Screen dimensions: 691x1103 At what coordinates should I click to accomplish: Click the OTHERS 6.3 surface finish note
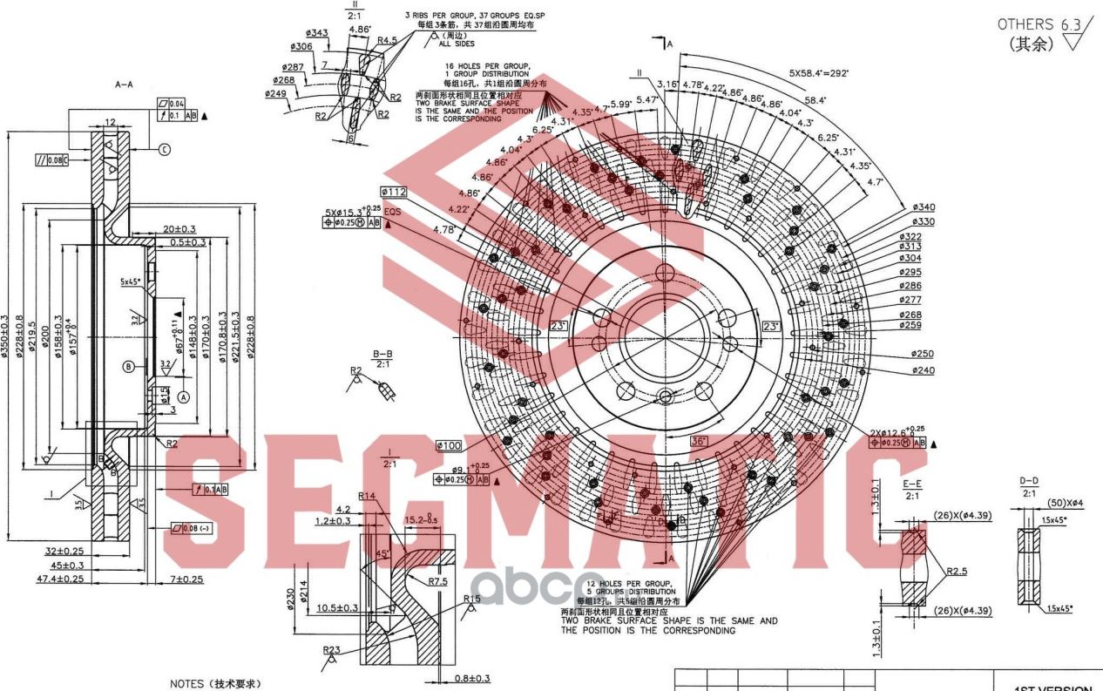1038,24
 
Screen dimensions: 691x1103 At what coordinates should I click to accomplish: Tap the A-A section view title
124,85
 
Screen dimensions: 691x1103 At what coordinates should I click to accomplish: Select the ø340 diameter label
924,207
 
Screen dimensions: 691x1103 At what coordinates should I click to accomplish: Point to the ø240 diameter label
924,370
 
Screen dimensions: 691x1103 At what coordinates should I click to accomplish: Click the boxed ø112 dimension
394,192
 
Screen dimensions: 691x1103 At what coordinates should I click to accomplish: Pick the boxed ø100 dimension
449,446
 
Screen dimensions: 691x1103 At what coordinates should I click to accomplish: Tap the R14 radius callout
366,496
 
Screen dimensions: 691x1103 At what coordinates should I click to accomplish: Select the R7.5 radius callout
439,581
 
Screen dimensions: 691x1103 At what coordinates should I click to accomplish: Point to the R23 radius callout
331,650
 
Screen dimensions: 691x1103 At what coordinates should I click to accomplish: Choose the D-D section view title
1029,481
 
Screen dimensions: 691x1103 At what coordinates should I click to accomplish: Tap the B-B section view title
382,354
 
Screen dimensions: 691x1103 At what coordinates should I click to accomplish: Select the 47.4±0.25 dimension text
60,579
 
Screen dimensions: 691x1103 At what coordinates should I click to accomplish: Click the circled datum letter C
164,150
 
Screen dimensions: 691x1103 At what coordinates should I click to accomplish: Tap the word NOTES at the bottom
191,685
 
